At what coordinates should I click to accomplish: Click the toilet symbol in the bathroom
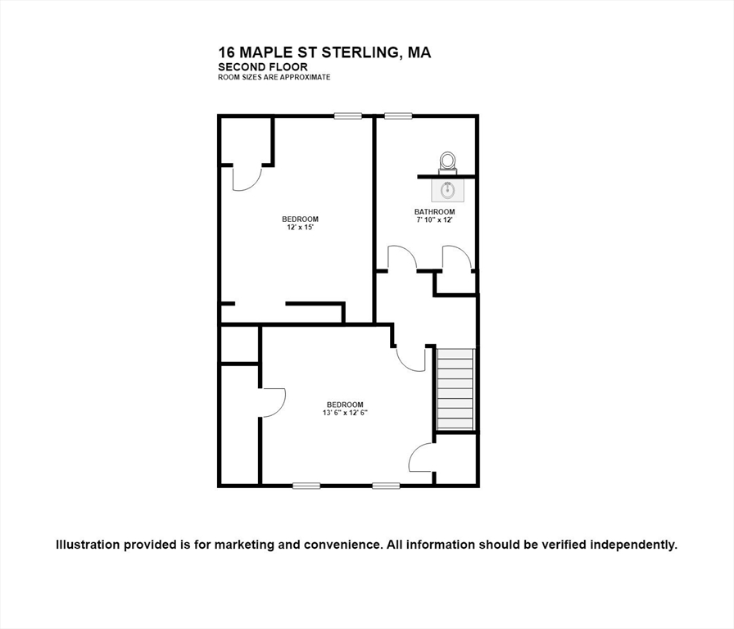coord(447,161)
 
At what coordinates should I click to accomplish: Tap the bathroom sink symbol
coord(447,190)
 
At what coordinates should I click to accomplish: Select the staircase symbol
coord(455,389)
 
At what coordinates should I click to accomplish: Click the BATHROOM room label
coord(434,212)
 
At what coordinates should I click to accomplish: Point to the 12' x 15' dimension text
coord(300,228)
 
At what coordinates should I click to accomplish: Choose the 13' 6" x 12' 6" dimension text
coord(345,413)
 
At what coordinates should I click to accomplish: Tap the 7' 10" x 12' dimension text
coord(434,219)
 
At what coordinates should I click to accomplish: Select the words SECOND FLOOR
coord(263,66)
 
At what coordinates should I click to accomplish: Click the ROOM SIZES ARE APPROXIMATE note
coord(274,77)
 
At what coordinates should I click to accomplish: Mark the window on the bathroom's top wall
coord(398,116)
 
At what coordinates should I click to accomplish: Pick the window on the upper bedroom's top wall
coord(347,116)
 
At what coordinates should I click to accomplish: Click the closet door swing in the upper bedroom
coord(247,178)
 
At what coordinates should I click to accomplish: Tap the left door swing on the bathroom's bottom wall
coord(402,257)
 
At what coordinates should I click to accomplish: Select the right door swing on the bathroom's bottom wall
coord(456,257)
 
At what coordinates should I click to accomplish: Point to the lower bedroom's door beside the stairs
coord(410,359)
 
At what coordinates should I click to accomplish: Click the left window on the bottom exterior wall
coord(306,486)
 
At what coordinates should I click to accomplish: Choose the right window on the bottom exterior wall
coord(386,486)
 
